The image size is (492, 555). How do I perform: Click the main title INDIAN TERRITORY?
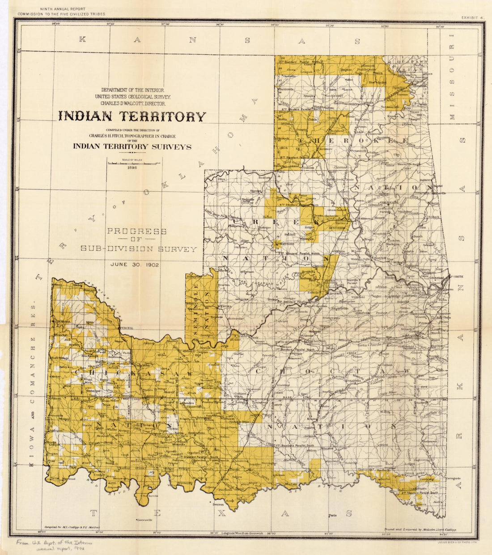(132, 116)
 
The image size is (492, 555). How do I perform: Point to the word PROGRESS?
(136, 232)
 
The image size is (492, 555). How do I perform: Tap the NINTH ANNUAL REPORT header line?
(62, 9)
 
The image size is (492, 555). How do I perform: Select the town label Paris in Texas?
(332, 516)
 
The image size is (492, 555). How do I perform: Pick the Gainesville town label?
(144, 520)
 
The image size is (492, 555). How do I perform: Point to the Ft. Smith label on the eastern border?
(456, 276)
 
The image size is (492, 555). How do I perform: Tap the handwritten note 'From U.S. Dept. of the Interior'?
(55, 542)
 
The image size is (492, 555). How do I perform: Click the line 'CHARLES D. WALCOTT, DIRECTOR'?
(130, 103)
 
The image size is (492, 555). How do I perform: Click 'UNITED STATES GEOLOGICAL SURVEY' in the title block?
(132, 97)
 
